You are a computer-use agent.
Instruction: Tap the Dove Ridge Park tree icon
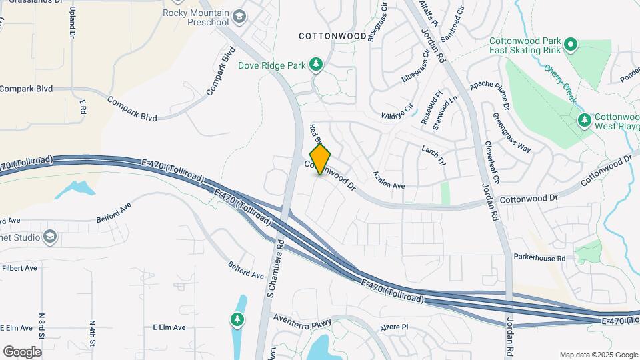point(315,65)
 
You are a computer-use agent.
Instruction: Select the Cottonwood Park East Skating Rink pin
point(570,45)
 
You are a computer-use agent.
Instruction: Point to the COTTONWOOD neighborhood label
point(332,35)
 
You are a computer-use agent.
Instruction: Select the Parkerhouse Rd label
point(539,257)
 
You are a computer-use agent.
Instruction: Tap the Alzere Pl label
point(394,327)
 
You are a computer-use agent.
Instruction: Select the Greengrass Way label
point(511,133)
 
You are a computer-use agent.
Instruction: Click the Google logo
point(22,351)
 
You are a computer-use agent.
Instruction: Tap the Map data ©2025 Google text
point(598,355)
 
